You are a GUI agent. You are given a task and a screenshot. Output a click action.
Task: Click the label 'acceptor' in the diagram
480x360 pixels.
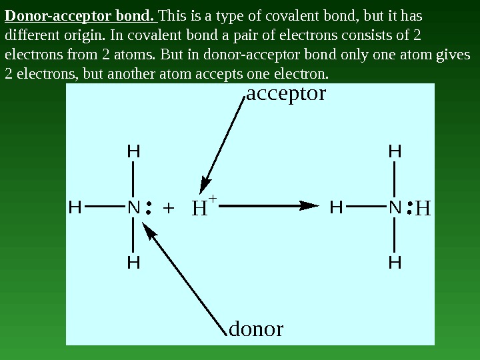[286, 93]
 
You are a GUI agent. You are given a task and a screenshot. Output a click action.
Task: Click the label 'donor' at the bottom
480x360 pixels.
[256, 329]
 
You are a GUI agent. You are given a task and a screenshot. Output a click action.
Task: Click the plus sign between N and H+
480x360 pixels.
[168, 208]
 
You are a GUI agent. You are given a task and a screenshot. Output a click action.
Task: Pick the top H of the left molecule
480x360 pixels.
[133, 152]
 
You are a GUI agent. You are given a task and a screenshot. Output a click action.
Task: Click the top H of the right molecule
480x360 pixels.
[395, 152]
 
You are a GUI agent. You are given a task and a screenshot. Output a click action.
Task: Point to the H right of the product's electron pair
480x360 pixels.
[423, 209]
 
